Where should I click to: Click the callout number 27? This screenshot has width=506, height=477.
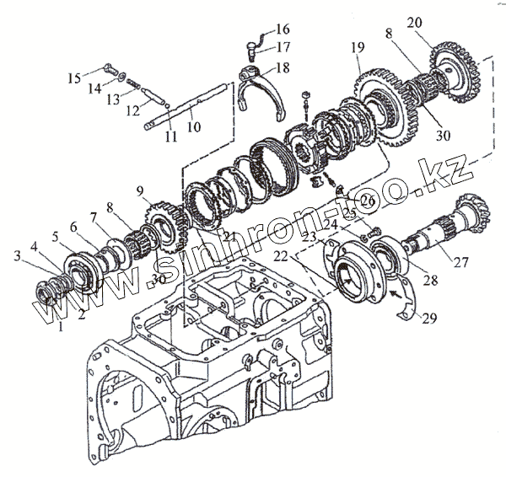[x=461, y=262]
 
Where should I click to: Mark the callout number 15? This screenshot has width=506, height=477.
[x=73, y=78]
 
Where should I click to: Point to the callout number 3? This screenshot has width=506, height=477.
[x=16, y=254]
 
